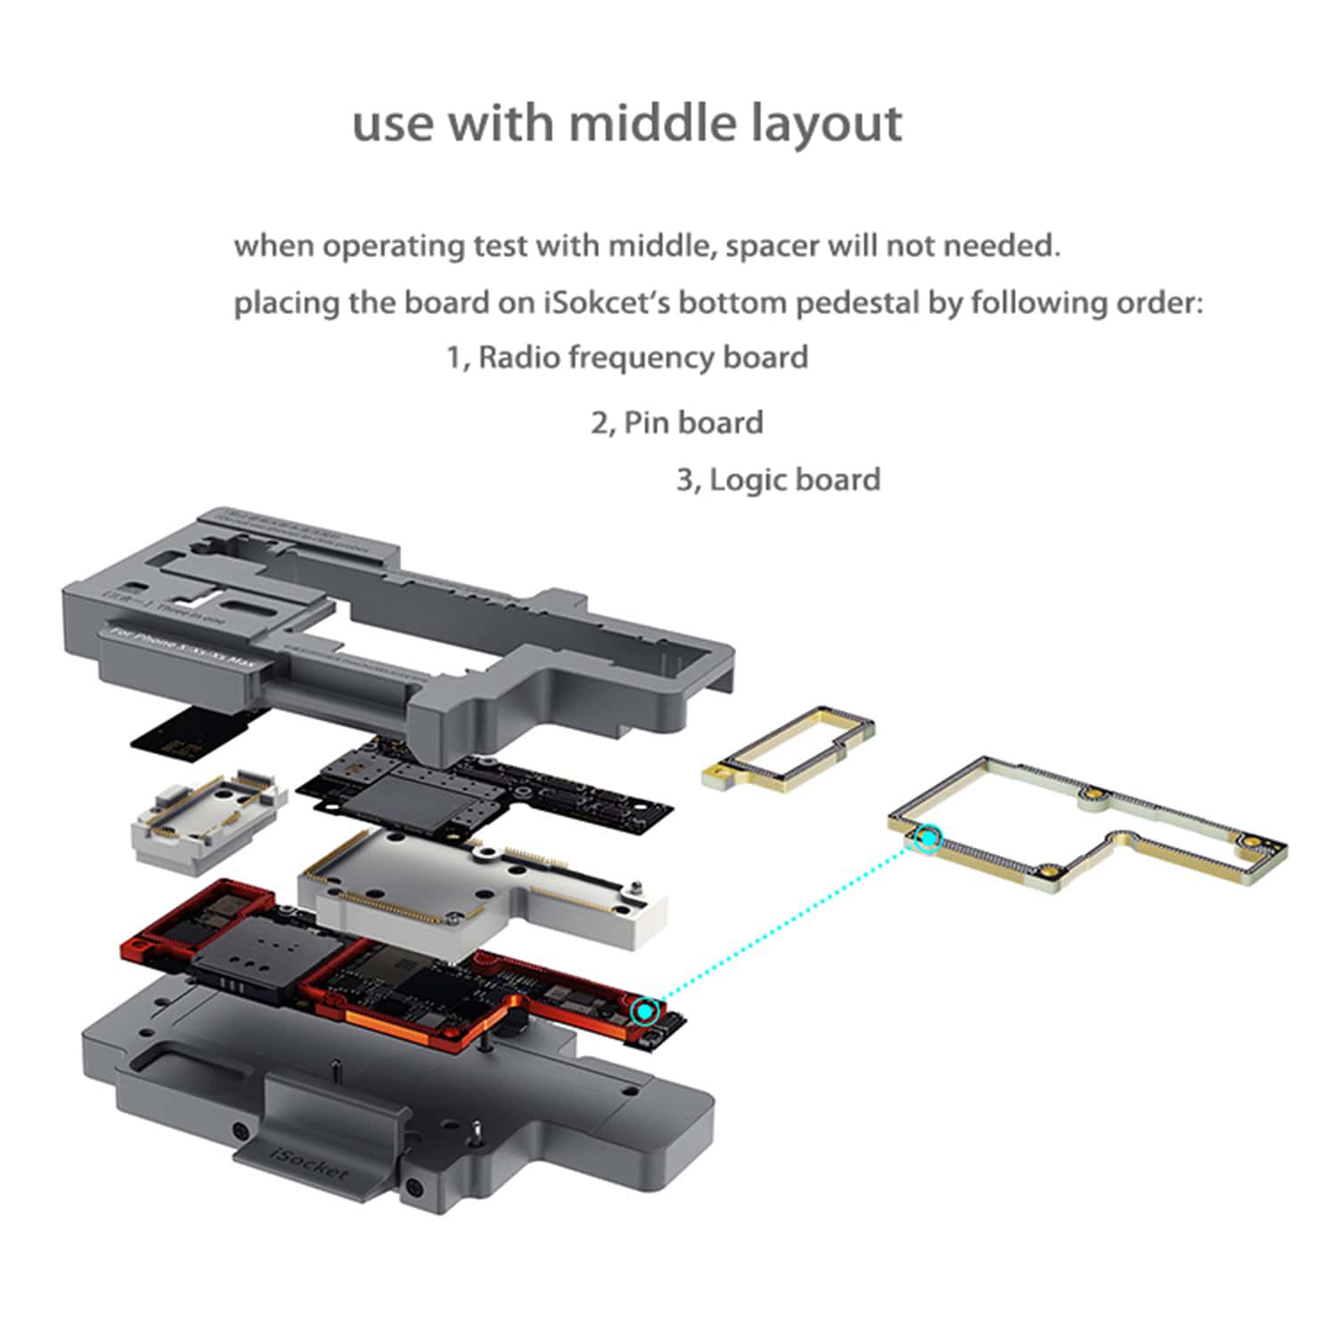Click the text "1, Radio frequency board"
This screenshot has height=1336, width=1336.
pos(627,358)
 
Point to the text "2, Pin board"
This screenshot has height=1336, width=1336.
pos(677,422)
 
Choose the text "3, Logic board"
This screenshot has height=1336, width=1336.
pos(778,480)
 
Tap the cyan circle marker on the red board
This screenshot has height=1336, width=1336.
pos(646,1011)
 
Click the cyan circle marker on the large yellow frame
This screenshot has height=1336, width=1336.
pos(929,838)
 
